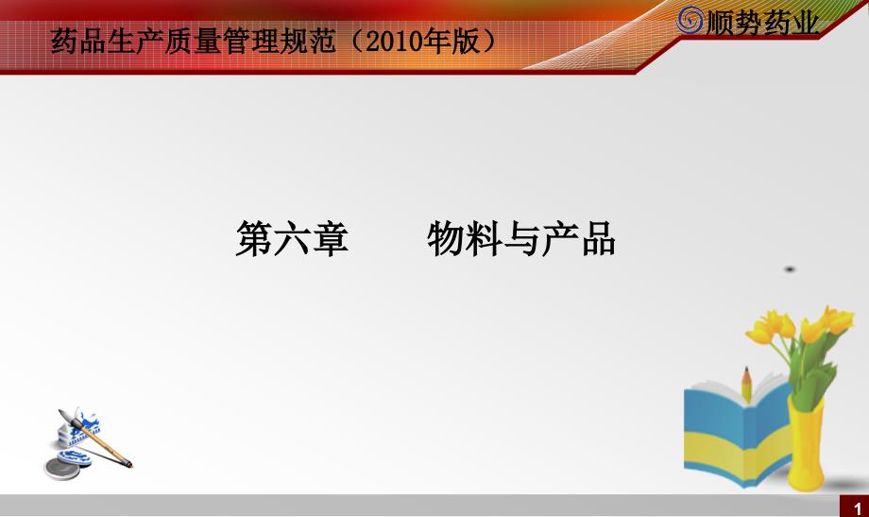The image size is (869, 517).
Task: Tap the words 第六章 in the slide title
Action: tap(292, 238)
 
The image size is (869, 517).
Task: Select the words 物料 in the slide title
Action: tap(465, 238)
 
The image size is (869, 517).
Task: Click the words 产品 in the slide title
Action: tap(579, 238)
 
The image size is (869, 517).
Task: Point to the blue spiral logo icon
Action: tap(690, 21)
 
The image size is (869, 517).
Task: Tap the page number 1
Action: tap(858, 508)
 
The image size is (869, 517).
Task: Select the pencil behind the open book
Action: tap(746, 384)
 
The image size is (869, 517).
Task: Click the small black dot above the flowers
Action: tap(790, 269)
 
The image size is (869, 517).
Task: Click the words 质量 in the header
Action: tap(193, 41)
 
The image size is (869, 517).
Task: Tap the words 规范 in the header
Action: tap(308, 41)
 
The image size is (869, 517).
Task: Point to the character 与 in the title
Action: tap(521, 238)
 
